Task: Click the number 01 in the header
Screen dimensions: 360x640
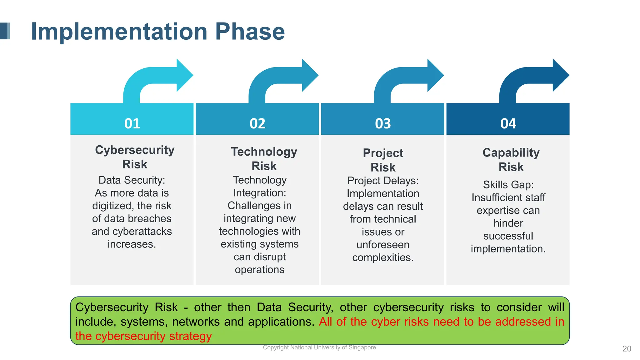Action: click(132, 123)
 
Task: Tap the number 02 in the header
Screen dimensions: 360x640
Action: click(257, 123)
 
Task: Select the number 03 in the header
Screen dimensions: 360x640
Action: click(383, 123)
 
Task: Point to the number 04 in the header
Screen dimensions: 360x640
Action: click(508, 123)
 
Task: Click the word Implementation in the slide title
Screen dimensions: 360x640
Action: click(119, 32)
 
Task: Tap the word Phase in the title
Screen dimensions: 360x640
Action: click(250, 32)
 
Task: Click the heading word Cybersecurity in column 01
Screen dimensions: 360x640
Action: click(135, 150)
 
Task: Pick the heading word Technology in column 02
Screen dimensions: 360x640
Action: click(264, 152)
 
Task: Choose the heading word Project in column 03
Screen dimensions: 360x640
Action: click(383, 153)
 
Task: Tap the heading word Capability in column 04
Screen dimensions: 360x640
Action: click(511, 153)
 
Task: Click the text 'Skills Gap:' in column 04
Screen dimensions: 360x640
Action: click(508, 185)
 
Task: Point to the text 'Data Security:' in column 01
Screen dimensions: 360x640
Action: click(132, 180)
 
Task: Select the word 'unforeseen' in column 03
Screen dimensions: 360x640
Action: click(383, 245)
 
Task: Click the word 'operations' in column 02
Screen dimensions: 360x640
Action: click(259, 270)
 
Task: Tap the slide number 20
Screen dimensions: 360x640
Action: click(627, 349)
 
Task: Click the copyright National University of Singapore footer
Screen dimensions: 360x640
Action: click(319, 347)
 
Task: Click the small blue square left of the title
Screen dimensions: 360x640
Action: click(5, 31)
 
